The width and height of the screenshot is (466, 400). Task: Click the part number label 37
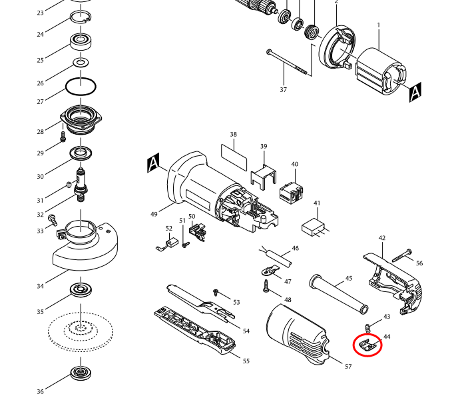pyautogui.click(x=283, y=90)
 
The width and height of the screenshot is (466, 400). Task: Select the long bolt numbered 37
pyautogui.click(x=290, y=61)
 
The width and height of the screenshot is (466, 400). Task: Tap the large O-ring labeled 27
pyautogui.click(x=81, y=87)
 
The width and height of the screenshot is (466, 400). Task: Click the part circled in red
pyautogui.click(x=367, y=345)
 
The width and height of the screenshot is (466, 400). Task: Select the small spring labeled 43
pyautogui.click(x=367, y=327)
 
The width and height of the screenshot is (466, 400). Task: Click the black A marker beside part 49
pyautogui.click(x=153, y=163)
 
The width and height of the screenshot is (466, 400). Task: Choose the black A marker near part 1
pyautogui.click(x=415, y=92)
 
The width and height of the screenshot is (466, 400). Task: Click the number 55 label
pyautogui.click(x=246, y=361)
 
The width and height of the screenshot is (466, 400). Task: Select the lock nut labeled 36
pyautogui.click(x=81, y=374)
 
